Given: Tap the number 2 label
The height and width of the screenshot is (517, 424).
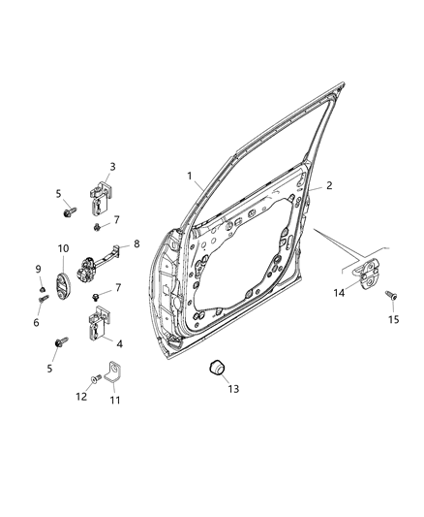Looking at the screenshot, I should pos(328,184).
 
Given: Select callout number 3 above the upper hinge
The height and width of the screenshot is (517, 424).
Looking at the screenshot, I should pos(112,166).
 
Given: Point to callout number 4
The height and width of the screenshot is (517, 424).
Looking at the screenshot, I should pos(119,343).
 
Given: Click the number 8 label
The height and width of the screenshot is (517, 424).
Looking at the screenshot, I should pos(136,244).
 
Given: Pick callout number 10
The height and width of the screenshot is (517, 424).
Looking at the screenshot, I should pos(63,248).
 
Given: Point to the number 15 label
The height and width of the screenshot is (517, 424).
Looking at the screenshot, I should pos(393,320).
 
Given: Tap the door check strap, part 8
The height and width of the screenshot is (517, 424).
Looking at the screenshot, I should pos(104,259).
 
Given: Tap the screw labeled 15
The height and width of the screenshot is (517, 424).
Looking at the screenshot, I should pos(390,295).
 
